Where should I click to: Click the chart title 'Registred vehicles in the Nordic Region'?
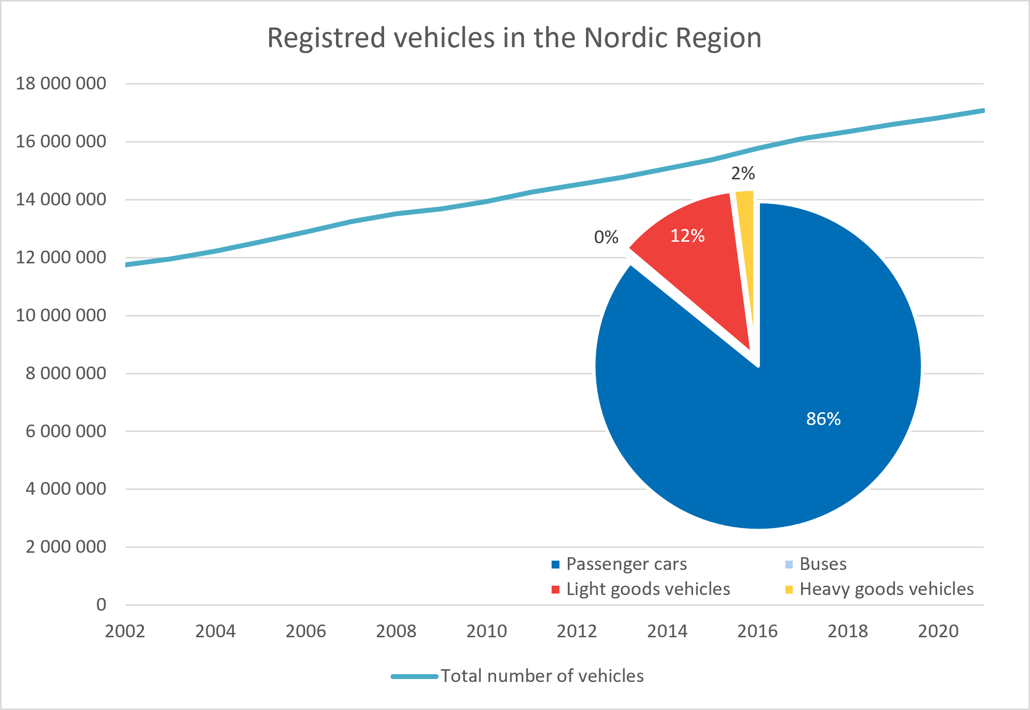[514, 38]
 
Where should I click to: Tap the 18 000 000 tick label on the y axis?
[61, 84]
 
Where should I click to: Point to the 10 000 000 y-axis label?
[61, 315]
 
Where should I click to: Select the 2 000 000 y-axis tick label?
[66, 547]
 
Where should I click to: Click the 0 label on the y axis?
[101, 605]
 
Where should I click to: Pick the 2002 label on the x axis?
[125, 631]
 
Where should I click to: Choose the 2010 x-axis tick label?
[486, 631]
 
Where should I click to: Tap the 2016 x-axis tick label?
[757, 631]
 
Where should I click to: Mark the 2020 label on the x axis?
[938, 631]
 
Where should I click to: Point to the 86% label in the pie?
[823, 419]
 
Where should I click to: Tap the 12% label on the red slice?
[688, 236]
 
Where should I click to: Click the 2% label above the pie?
[743, 173]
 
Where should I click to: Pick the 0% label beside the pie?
[606, 237]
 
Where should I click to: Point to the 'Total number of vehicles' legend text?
[542, 676]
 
